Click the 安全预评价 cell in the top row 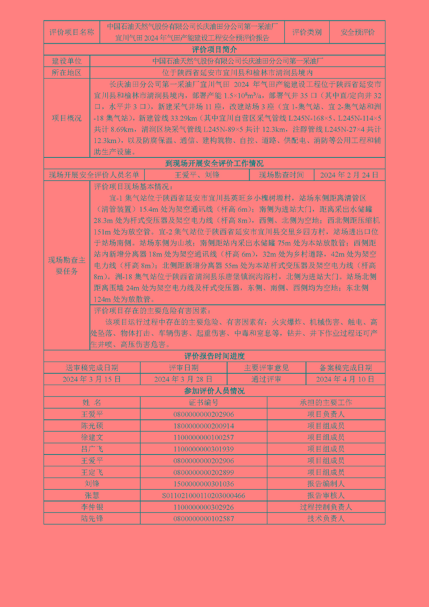357,32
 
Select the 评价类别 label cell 306,32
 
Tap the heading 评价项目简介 214,50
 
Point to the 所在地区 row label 67,72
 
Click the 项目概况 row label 67,118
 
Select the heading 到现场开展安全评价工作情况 214,164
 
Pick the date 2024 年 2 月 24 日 349,175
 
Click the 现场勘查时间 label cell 281,175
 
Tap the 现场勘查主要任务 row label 67,266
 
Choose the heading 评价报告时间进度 214,356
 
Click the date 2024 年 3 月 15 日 92,379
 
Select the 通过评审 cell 266,379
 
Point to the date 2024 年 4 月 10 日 345,379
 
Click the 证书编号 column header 204,403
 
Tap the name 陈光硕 92,426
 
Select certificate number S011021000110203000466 204,495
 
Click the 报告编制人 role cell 326,484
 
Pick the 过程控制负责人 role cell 326,507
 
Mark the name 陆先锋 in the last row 92,519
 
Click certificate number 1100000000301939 204,449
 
